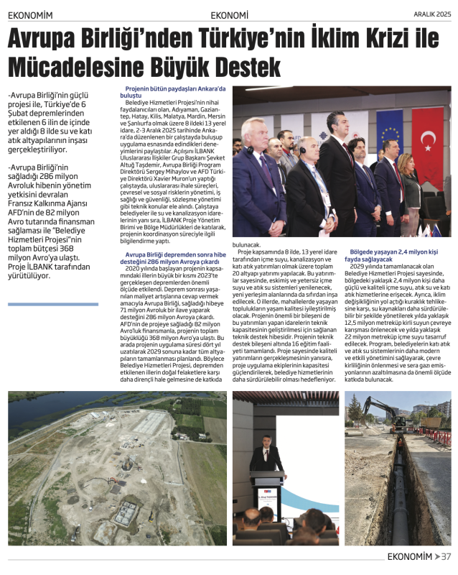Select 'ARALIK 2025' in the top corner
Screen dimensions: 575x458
click(432, 14)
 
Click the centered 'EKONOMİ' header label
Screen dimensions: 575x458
click(230, 14)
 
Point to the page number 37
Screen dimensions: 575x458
click(447, 556)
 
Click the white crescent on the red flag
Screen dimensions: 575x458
click(429, 137)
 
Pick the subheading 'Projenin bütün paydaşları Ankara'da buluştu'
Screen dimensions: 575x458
click(175, 91)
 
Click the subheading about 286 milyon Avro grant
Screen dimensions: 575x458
click(175, 258)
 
